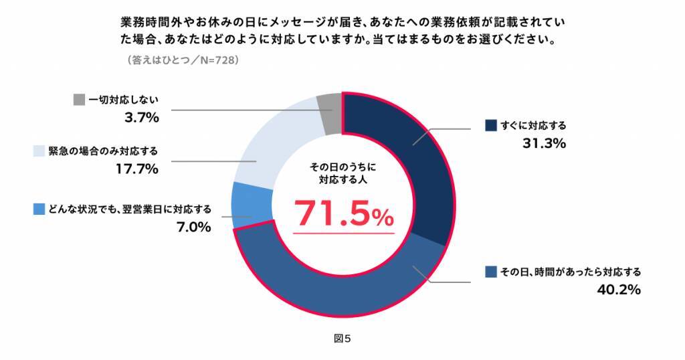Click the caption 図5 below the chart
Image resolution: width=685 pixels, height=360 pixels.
pos(342,338)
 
